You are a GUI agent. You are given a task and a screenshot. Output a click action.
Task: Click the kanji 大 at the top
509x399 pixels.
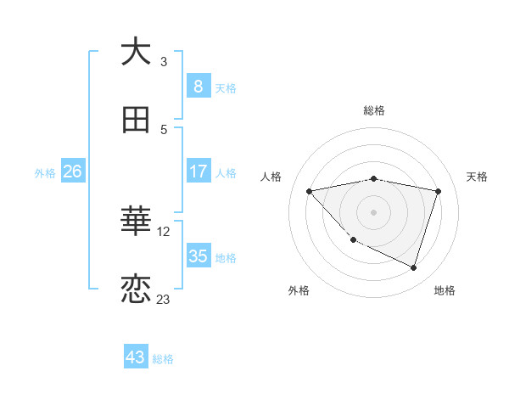137,52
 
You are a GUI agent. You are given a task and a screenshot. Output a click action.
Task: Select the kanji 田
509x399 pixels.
137,121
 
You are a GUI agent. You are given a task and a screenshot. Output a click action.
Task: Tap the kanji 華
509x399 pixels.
137,222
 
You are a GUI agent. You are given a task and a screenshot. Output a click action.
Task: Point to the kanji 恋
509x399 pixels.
137,289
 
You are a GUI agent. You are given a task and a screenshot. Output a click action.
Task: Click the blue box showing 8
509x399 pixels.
198,86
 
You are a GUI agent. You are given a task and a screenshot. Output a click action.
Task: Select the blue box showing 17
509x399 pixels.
198,171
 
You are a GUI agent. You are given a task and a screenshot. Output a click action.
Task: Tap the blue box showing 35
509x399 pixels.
198,256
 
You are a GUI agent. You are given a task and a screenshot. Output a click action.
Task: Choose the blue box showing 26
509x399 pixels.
72,171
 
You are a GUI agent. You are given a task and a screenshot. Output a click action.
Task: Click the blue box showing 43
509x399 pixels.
136,357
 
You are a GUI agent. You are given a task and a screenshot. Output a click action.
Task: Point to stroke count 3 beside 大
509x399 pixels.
164,61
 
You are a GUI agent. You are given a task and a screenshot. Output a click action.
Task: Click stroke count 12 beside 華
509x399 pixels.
165,231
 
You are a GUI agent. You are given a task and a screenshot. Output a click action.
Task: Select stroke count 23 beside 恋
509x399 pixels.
164,299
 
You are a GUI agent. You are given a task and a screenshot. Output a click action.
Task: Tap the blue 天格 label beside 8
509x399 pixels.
226,87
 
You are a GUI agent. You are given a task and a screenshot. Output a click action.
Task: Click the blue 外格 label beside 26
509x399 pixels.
45,172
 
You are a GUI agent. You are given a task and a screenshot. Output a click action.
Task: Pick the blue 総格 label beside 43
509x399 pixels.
163,359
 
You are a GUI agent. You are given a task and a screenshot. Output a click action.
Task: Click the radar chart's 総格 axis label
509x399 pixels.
374,110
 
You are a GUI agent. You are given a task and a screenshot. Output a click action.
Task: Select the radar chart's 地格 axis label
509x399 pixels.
445,290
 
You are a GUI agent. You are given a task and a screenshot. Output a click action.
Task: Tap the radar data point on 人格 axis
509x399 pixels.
310,191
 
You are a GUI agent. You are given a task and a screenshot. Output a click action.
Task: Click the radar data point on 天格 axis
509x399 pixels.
438,191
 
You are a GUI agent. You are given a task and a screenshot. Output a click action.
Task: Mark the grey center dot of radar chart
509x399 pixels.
374,211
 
